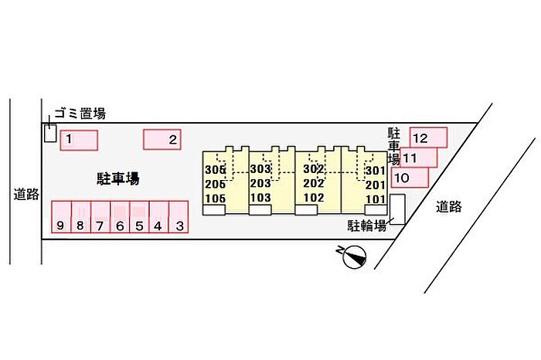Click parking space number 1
coord(79,140)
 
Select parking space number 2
coord(162,139)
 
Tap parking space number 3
coord(179,217)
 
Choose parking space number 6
coord(120,217)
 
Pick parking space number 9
coord(61,217)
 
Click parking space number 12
coord(428,138)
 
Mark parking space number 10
coord(410,178)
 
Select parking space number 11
coord(419,158)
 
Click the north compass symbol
coord(354,256)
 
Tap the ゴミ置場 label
coord(80,113)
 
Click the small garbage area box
coord(50,133)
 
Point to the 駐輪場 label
coord(366,226)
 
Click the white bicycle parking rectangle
coord(397,209)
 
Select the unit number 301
coord(376,171)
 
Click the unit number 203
coord(260,183)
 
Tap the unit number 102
coord(314,198)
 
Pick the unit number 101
coord(376,199)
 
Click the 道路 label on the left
coord(26,195)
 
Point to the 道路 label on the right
coord(448,206)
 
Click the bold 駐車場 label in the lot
coord(118,179)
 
